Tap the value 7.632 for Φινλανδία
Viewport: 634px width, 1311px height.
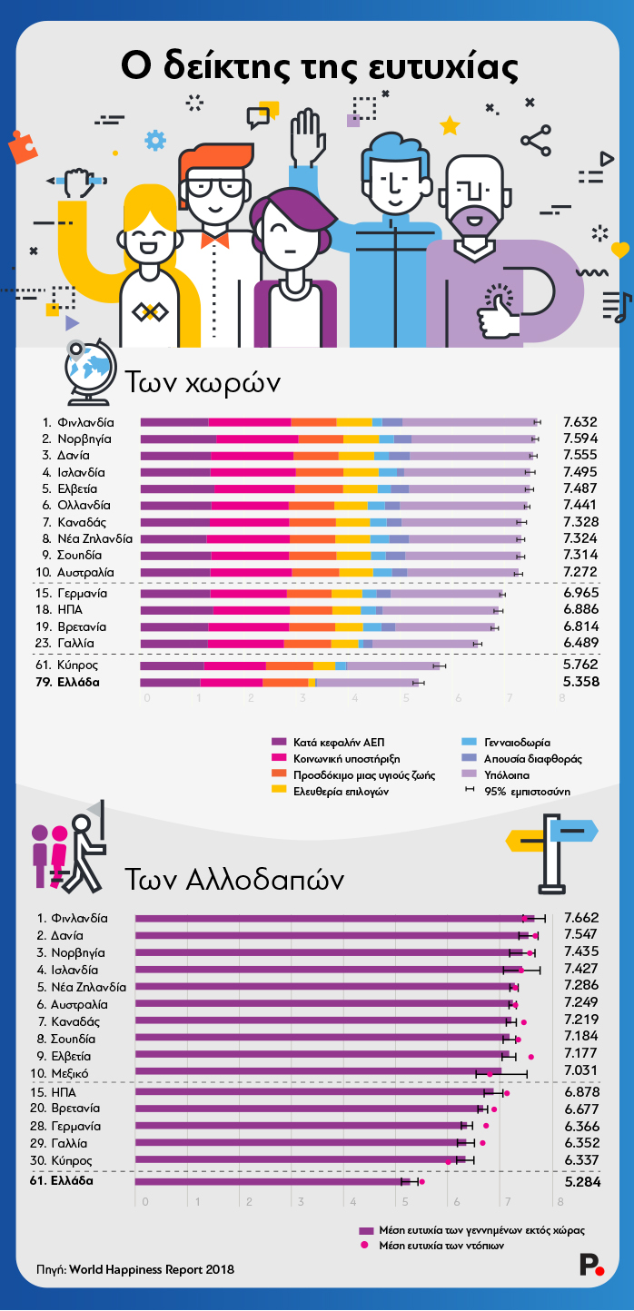(x=580, y=422)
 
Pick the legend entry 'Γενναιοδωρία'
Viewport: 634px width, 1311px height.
(x=516, y=742)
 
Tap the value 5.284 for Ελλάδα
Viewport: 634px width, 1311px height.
(x=580, y=1183)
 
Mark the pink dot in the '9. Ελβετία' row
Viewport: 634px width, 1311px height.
(x=531, y=1057)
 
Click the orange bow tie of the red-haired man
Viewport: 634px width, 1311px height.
(x=214, y=240)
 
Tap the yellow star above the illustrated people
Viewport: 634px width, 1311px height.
(x=450, y=125)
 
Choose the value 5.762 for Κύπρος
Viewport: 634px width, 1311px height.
(x=580, y=665)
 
